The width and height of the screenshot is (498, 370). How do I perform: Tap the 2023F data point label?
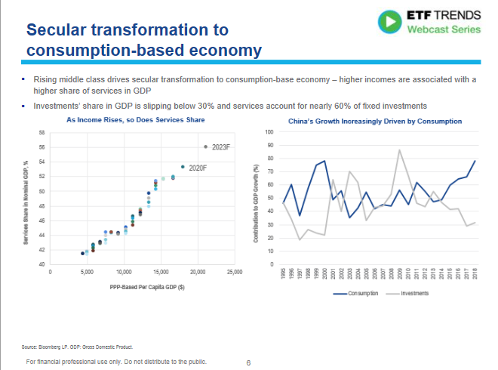(x=220, y=146)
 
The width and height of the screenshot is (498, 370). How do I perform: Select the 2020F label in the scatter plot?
(x=198, y=167)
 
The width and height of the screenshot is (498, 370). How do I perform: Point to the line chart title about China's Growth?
(x=375, y=121)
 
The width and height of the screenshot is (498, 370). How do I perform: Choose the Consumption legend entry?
(x=346, y=292)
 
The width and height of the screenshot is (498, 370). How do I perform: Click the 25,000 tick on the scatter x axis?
(x=234, y=271)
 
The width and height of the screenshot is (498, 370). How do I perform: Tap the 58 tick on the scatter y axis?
(x=41, y=133)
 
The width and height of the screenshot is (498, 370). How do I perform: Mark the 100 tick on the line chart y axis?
(x=269, y=132)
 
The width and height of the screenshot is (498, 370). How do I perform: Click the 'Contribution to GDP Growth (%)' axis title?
(x=257, y=198)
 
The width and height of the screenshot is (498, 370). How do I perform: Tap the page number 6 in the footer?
(x=248, y=362)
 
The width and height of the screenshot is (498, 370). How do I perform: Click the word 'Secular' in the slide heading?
(x=61, y=30)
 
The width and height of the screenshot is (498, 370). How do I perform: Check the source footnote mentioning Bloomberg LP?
(x=76, y=347)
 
